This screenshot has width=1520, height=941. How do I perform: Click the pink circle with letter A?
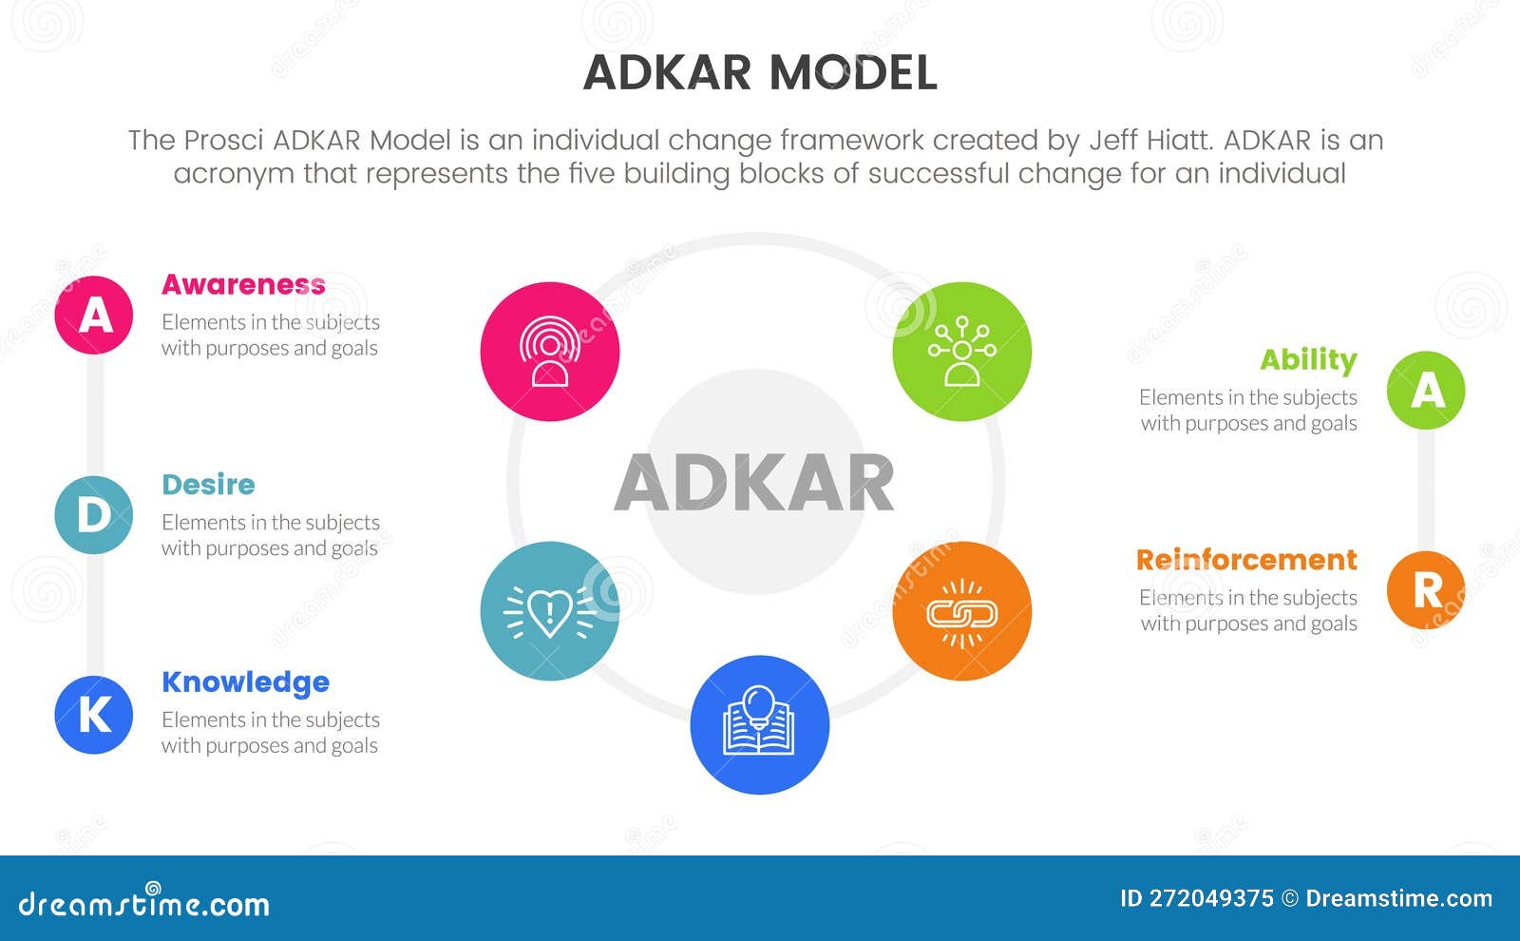[94, 315]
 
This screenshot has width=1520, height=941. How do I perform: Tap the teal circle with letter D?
[94, 515]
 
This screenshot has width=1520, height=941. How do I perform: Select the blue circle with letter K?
[94, 715]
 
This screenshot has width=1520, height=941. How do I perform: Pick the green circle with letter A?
[1426, 390]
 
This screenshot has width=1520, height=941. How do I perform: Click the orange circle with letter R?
[1426, 589]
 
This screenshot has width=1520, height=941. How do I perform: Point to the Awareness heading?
[243, 284]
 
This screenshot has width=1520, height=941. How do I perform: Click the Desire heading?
[208, 484]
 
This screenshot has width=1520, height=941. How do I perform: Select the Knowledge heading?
[245, 682]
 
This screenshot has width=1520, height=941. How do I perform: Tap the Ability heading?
[1308, 359]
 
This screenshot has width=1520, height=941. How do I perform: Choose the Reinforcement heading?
[1246, 559]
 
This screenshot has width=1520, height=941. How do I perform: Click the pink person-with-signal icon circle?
[550, 352]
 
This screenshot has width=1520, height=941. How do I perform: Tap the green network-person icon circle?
[962, 352]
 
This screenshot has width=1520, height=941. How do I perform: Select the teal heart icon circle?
[550, 611]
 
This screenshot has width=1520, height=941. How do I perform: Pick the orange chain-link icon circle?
[962, 611]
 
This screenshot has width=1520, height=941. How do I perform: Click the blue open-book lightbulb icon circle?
[760, 725]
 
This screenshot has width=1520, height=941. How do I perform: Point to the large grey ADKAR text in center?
[754, 483]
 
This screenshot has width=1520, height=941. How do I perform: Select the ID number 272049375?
[1211, 898]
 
